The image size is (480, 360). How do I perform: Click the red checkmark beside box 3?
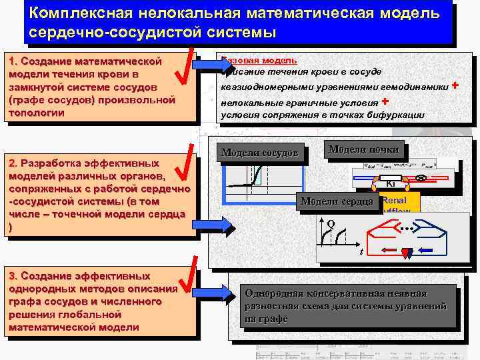point(189,279)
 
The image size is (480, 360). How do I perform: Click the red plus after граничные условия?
point(385,101)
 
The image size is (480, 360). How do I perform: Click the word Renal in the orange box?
point(394,199)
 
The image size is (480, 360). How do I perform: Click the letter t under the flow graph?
point(361,252)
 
